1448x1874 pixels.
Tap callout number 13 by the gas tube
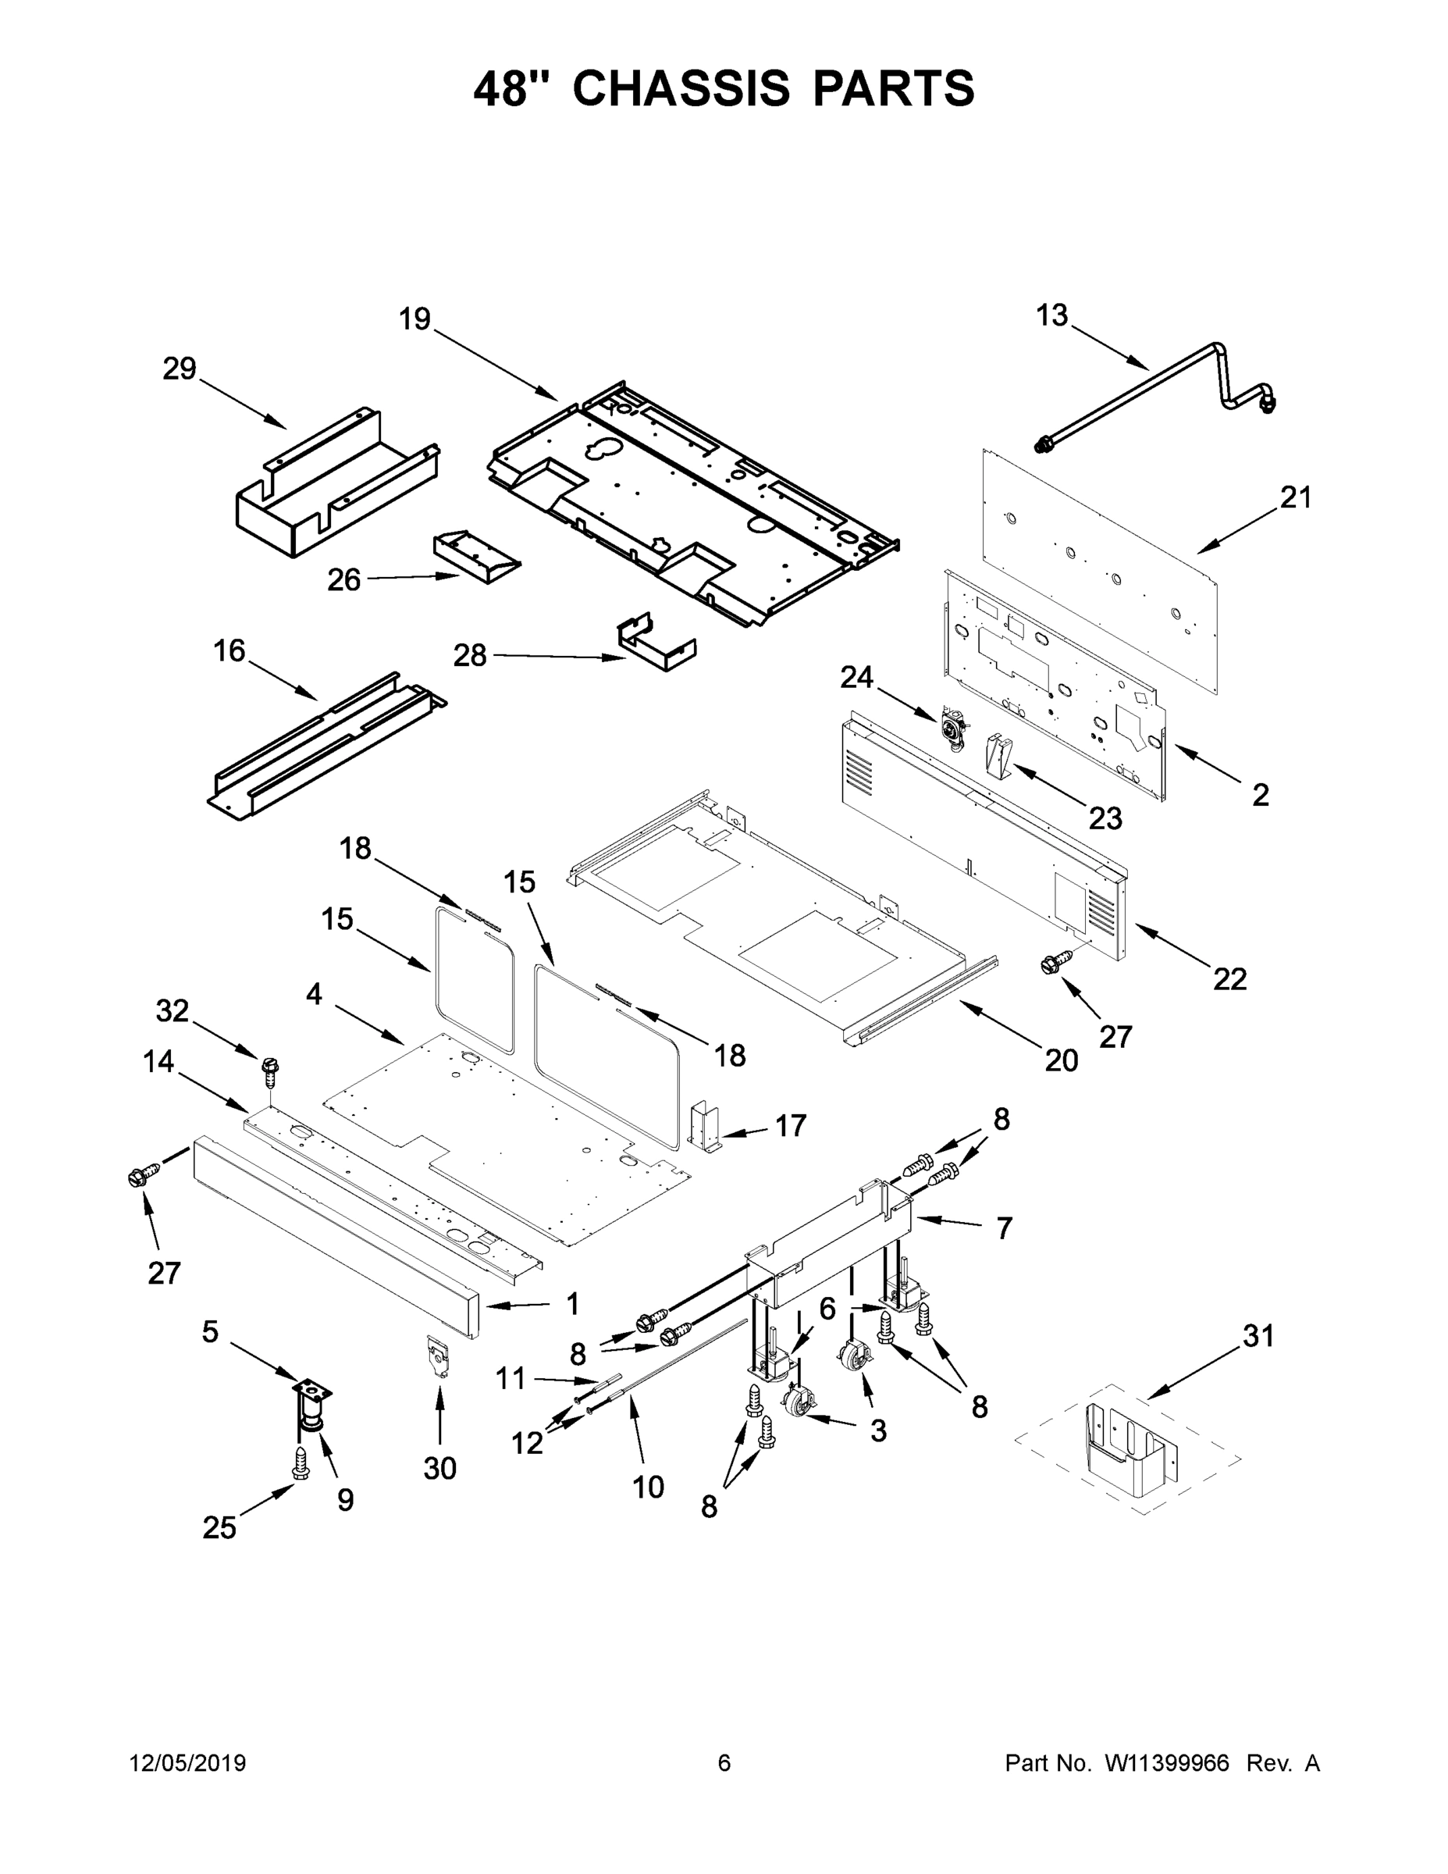pos(1051,315)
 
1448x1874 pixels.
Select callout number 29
pos(180,369)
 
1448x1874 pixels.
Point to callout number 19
pos(414,319)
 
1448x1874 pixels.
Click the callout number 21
pos(1295,497)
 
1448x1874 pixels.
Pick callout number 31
pos(1258,1336)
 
